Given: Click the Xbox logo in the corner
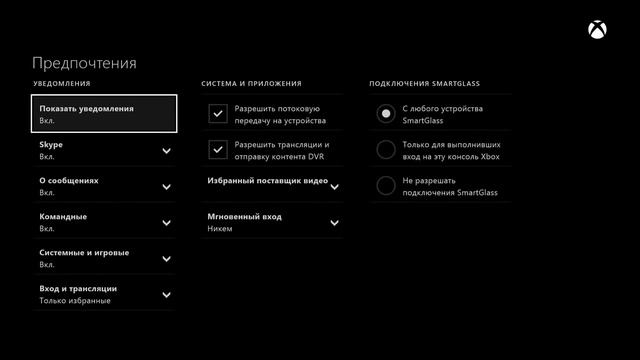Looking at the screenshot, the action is point(598,32).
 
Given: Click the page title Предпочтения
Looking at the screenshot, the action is point(84,63).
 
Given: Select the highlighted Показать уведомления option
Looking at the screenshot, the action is point(104,114).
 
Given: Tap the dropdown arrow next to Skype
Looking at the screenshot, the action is point(166,151).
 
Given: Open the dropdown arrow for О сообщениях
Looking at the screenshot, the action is point(166,187).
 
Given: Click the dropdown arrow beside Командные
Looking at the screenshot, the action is point(166,223).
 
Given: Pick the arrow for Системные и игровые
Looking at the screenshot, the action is point(166,259).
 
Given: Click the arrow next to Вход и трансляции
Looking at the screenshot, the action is point(166,294).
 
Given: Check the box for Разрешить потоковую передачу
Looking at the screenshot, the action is point(217,114).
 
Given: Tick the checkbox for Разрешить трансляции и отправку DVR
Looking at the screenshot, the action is point(217,150).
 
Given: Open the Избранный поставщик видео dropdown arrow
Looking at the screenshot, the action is point(334,187).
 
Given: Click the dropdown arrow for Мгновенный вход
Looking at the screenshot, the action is point(334,222).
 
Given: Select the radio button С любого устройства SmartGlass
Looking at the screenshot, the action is point(385,114).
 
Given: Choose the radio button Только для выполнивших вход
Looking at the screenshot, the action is point(385,150).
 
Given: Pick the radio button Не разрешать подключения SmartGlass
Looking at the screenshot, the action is point(385,186).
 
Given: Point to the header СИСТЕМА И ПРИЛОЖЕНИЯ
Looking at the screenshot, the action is point(251,84).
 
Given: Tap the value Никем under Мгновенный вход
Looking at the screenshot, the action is point(220,229).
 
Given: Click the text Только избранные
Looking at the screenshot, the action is point(73,300).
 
